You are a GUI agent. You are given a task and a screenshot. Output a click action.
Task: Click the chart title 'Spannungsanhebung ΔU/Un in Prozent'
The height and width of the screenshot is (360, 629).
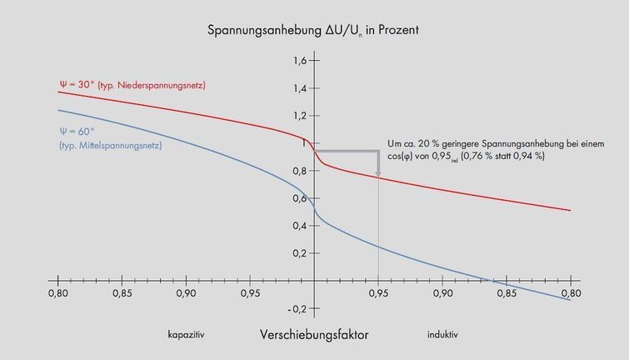312,31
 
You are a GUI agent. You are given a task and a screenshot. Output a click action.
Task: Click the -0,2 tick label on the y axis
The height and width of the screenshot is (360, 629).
298,308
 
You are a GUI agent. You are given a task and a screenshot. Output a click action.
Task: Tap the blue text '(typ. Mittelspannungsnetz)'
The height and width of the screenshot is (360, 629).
109,145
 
